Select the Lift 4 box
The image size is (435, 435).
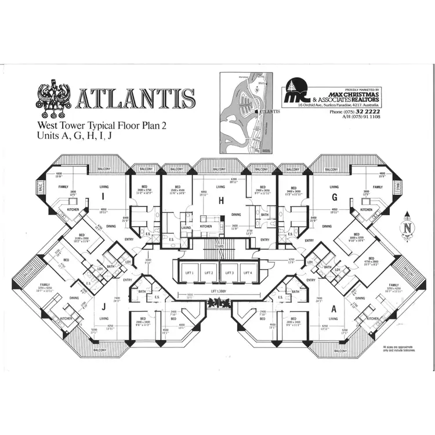pos(248,272)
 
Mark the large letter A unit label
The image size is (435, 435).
pos(333,308)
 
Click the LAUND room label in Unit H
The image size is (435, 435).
pos(186,227)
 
